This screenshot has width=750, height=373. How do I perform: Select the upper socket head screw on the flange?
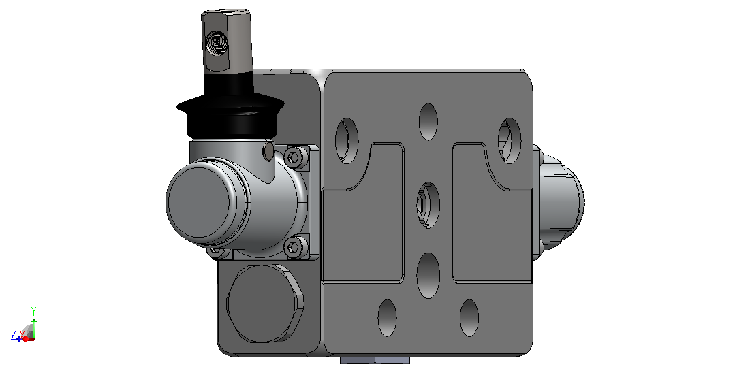point(293,157)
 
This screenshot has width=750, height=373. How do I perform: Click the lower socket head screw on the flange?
point(293,247)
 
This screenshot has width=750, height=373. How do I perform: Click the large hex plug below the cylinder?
point(264,304)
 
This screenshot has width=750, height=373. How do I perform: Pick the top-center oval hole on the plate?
point(428,121)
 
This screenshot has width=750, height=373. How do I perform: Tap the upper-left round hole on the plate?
point(347,141)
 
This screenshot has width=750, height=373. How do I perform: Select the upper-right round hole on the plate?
point(510,141)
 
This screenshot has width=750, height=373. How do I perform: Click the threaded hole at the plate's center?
point(428,205)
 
